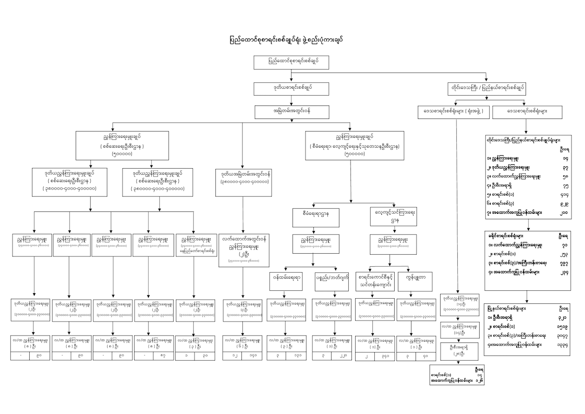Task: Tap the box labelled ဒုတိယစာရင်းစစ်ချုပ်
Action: click(292, 88)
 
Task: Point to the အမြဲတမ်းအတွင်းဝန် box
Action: click(292, 112)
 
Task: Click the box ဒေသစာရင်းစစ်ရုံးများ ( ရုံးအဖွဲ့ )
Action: click(450, 112)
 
